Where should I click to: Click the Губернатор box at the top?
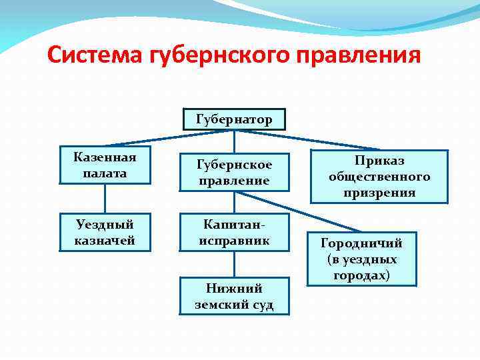point(233,119)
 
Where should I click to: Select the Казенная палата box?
point(105,165)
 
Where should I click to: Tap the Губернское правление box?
point(233,172)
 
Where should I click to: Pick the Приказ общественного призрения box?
point(379,177)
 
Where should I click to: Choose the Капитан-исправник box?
point(234,232)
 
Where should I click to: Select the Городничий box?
point(361,259)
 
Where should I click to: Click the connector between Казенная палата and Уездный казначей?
point(105,198)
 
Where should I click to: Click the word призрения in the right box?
point(379,193)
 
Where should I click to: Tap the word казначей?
point(105,240)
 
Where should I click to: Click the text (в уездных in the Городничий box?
point(361,259)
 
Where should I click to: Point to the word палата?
point(105,173)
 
